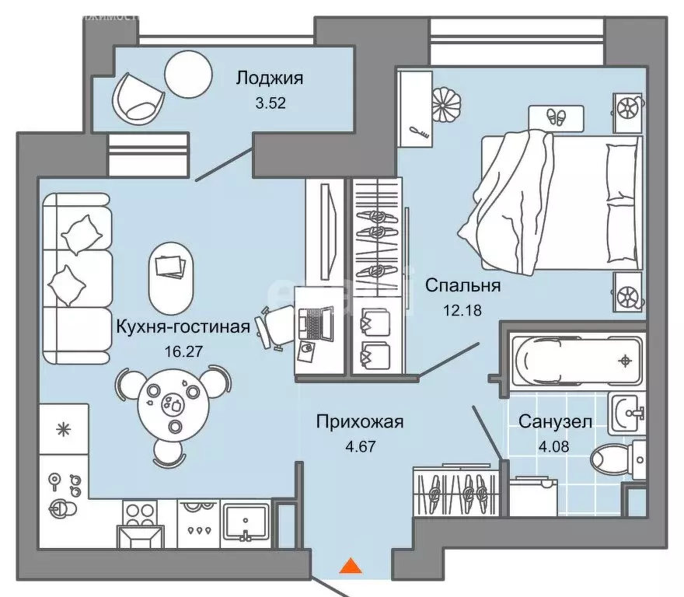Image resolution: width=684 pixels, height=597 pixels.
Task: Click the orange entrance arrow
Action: [x=351, y=567]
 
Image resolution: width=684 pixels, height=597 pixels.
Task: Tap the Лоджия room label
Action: [x=269, y=78]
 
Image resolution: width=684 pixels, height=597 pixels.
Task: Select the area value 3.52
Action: [x=271, y=102]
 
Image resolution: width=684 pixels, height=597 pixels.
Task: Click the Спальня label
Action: [x=462, y=285]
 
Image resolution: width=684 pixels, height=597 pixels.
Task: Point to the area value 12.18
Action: [x=463, y=309]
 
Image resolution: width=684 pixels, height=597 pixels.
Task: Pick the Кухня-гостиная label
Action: [x=183, y=326]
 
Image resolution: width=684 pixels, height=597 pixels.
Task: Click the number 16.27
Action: [x=183, y=350]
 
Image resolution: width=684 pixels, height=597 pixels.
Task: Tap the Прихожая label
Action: [x=359, y=422]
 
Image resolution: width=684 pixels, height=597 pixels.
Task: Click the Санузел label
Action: [x=555, y=422]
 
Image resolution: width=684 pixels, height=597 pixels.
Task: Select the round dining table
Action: [x=173, y=404]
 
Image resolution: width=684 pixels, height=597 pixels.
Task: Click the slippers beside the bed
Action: [x=555, y=117]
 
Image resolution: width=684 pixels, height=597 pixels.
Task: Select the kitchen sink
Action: [x=246, y=522]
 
